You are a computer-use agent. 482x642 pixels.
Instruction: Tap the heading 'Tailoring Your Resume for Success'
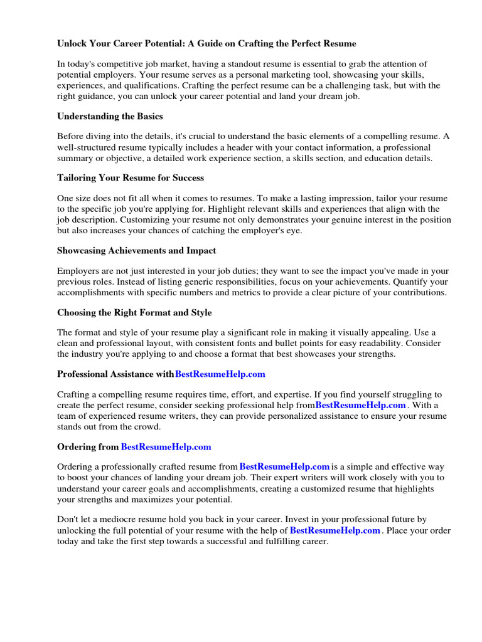[131, 178]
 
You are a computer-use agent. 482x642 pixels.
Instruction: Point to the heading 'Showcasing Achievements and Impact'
[136, 251]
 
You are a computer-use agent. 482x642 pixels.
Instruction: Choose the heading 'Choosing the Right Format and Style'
[134, 313]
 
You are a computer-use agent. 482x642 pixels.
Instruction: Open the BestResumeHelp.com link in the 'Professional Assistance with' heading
[220, 374]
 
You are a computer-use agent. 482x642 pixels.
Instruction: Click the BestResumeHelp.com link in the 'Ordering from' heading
[166, 447]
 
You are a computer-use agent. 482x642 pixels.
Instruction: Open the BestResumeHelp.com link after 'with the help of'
[335, 530]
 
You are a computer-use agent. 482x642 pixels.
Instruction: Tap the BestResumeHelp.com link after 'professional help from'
[360, 405]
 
